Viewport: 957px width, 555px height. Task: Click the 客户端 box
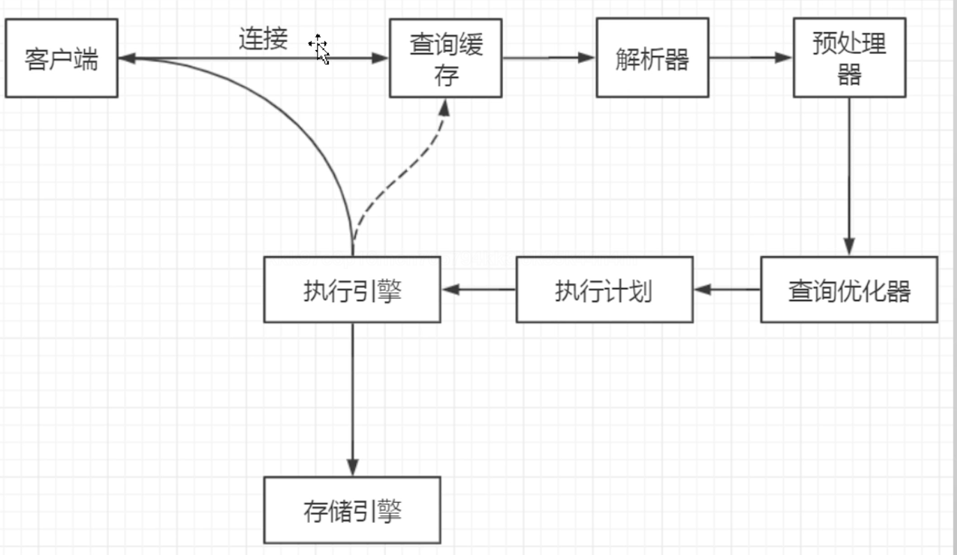coord(61,59)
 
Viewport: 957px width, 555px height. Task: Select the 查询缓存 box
coord(445,59)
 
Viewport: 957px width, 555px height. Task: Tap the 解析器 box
coord(651,59)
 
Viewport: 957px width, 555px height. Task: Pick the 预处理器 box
coord(849,59)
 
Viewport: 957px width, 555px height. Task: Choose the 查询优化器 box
coord(848,289)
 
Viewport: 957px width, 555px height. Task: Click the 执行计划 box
coord(604,289)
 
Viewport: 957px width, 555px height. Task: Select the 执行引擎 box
coord(352,289)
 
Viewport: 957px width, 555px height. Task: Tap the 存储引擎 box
coord(352,510)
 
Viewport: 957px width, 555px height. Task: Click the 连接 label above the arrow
coord(263,39)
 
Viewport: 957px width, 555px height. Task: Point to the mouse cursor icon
coord(320,48)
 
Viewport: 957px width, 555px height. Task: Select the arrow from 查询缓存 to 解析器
coord(548,58)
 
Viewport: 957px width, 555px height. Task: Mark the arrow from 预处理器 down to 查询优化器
coord(849,174)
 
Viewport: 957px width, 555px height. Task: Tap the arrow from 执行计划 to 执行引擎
coord(478,289)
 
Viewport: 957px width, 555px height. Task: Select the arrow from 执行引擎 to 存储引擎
coord(352,397)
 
